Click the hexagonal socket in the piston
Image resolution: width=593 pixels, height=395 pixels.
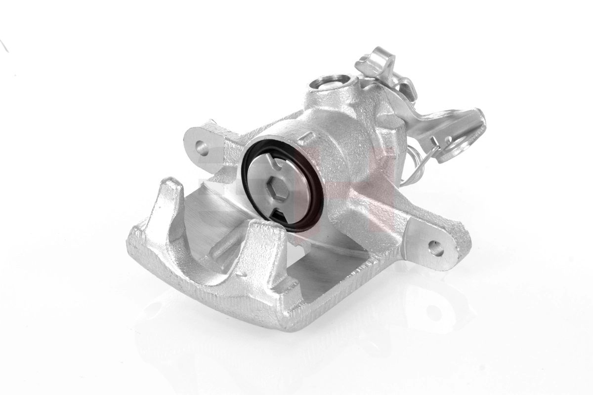click(x=275, y=189)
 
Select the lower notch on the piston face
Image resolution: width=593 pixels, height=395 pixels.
click(x=279, y=217)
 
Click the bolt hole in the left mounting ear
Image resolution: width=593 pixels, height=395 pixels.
click(x=201, y=146)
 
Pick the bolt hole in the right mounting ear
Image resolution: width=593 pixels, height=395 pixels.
click(x=435, y=247)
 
